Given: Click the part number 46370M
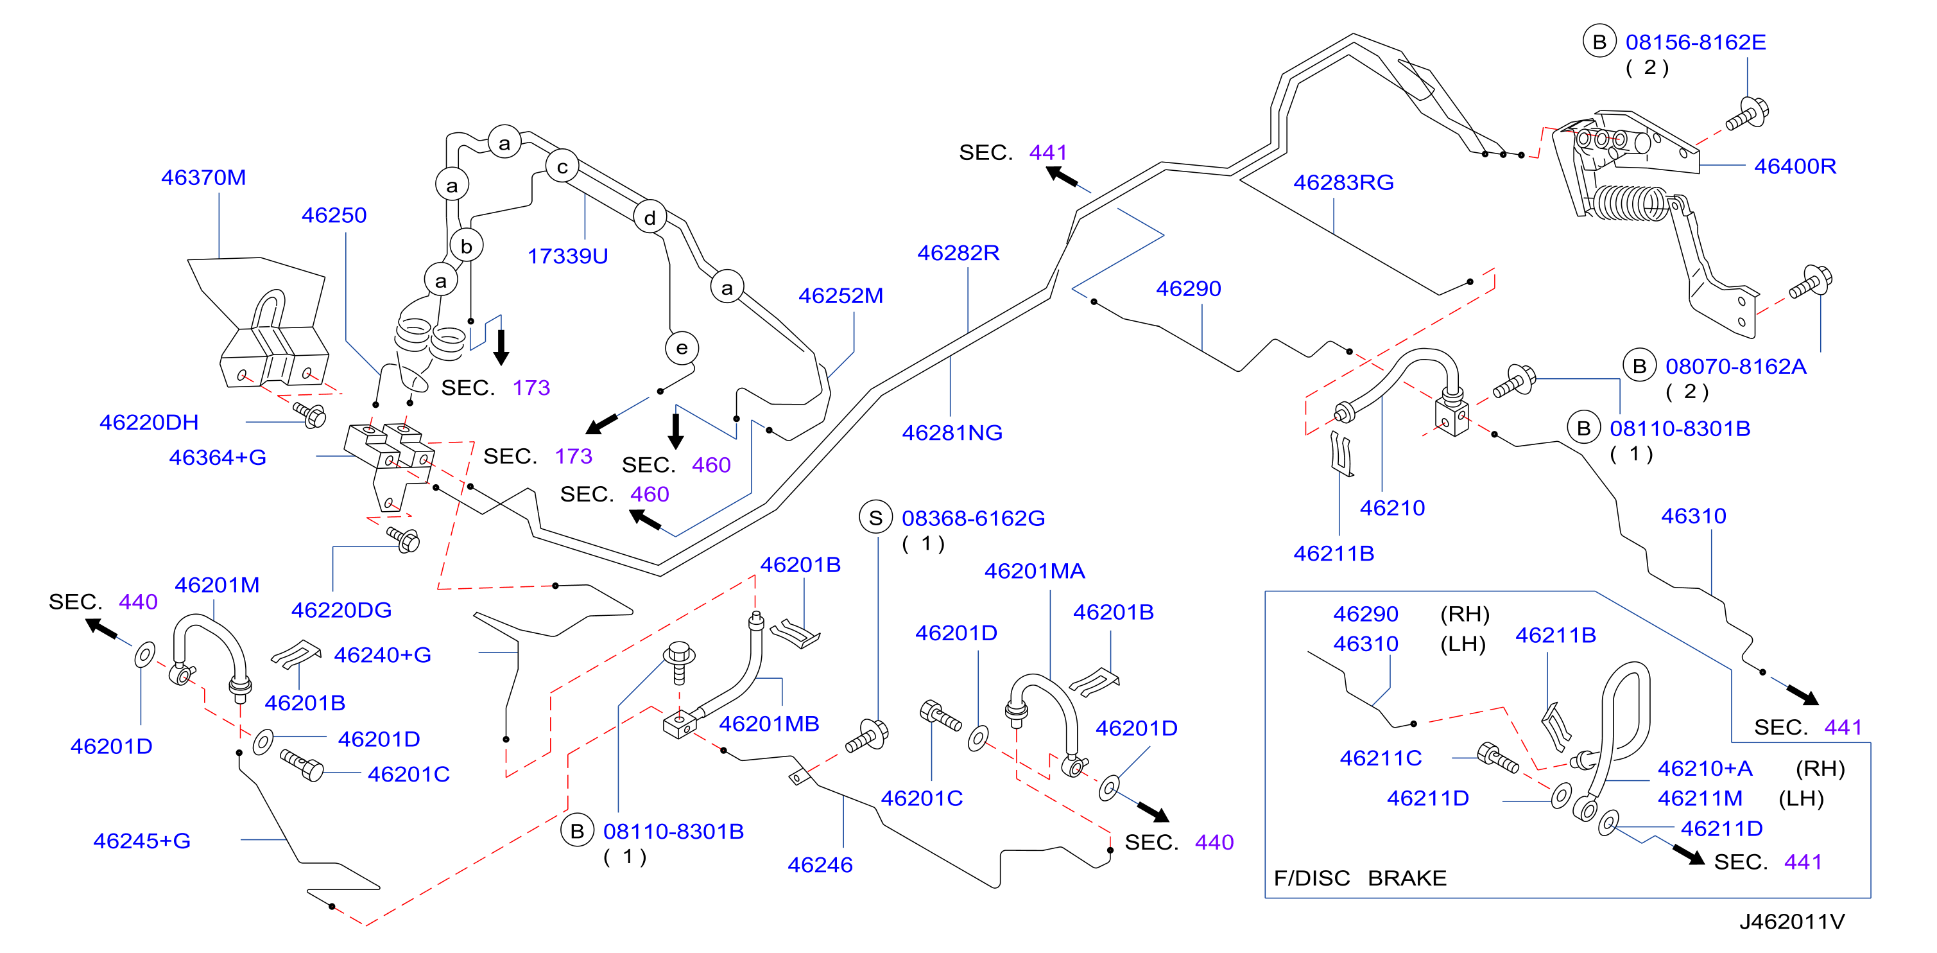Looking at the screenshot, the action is click(x=203, y=177).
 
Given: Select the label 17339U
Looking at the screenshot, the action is click(x=568, y=256).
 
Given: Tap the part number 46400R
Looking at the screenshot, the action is click(x=1795, y=166).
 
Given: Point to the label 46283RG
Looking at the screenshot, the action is click(x=1343, y=183).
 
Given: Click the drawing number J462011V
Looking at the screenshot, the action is click(x=1792, y=922).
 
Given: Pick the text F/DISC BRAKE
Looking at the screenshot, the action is click(x=1359, y=878).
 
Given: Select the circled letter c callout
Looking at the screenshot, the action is click(x=562, y=167).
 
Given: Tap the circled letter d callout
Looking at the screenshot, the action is click(x=650, y=218).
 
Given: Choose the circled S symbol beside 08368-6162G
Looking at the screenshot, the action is click(x=875, y=518).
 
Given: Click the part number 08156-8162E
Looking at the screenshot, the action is click(x=1696, y=42).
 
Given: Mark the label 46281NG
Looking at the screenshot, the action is click(x=952, y=433).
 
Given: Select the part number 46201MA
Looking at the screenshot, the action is click(x=1035, y=572).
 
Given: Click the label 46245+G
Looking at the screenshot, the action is click(x=142, y=841).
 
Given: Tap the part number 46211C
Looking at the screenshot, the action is click(x=1381, y=758).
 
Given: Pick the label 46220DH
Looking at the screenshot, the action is click(x=149, y=423).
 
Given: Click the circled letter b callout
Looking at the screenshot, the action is click(x=466, y=246).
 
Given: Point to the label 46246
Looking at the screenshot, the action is click(x=820, y=865).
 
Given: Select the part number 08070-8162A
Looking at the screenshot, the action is click(x=1735, y=367).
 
